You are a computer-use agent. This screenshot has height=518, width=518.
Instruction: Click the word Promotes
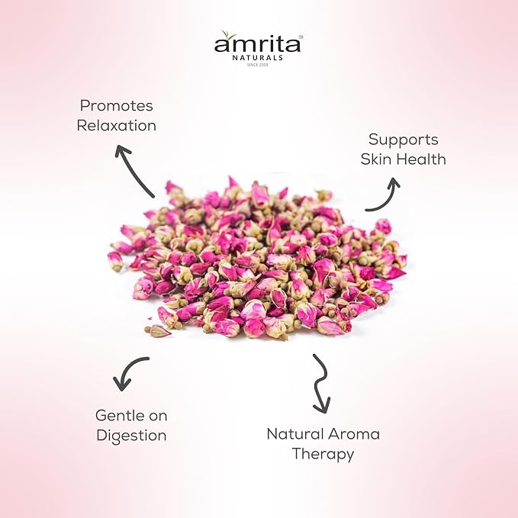116,106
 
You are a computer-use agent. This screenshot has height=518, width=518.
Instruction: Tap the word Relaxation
116,126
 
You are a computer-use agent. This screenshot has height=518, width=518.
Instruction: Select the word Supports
403,140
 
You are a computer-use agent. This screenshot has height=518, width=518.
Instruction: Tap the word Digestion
131,436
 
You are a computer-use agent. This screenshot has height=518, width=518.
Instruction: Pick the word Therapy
323,454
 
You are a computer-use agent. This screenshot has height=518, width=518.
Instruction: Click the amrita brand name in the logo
257,43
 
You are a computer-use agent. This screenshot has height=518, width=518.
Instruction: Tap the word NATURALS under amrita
258,58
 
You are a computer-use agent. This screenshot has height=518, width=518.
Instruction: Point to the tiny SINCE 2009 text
257,65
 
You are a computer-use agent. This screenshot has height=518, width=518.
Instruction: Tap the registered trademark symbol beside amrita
301,37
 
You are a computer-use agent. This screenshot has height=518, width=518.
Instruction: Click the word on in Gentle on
158,417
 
